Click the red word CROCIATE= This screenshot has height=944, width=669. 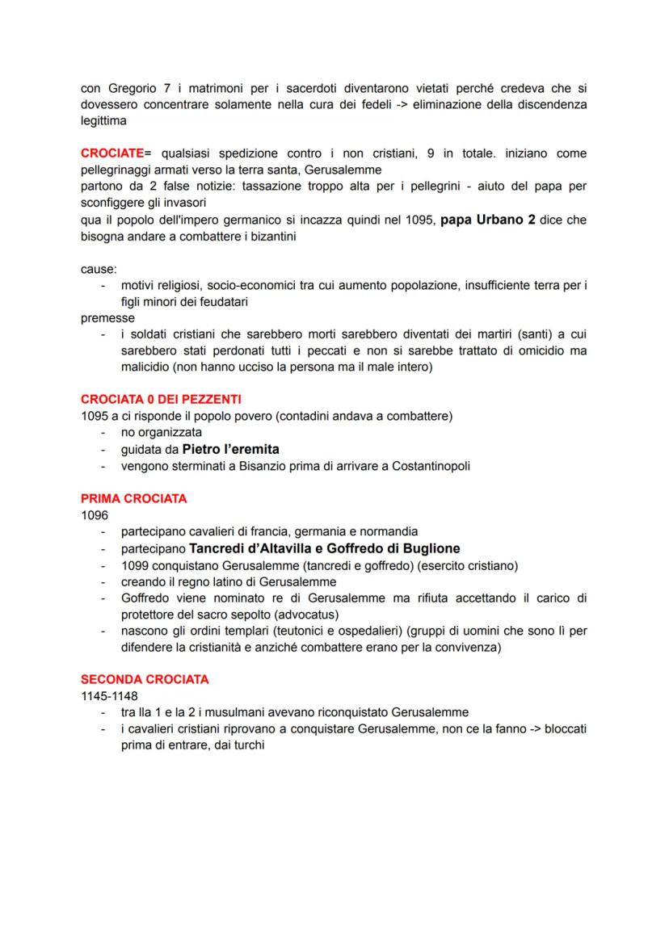(117, 153)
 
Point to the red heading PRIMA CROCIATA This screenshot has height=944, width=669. (134, 499)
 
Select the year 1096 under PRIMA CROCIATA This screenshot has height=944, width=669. (94, 515)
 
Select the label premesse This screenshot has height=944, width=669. (108, 318)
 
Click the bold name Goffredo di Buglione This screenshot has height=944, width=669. (390, 548)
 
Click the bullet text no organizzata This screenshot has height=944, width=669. (156, 433)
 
